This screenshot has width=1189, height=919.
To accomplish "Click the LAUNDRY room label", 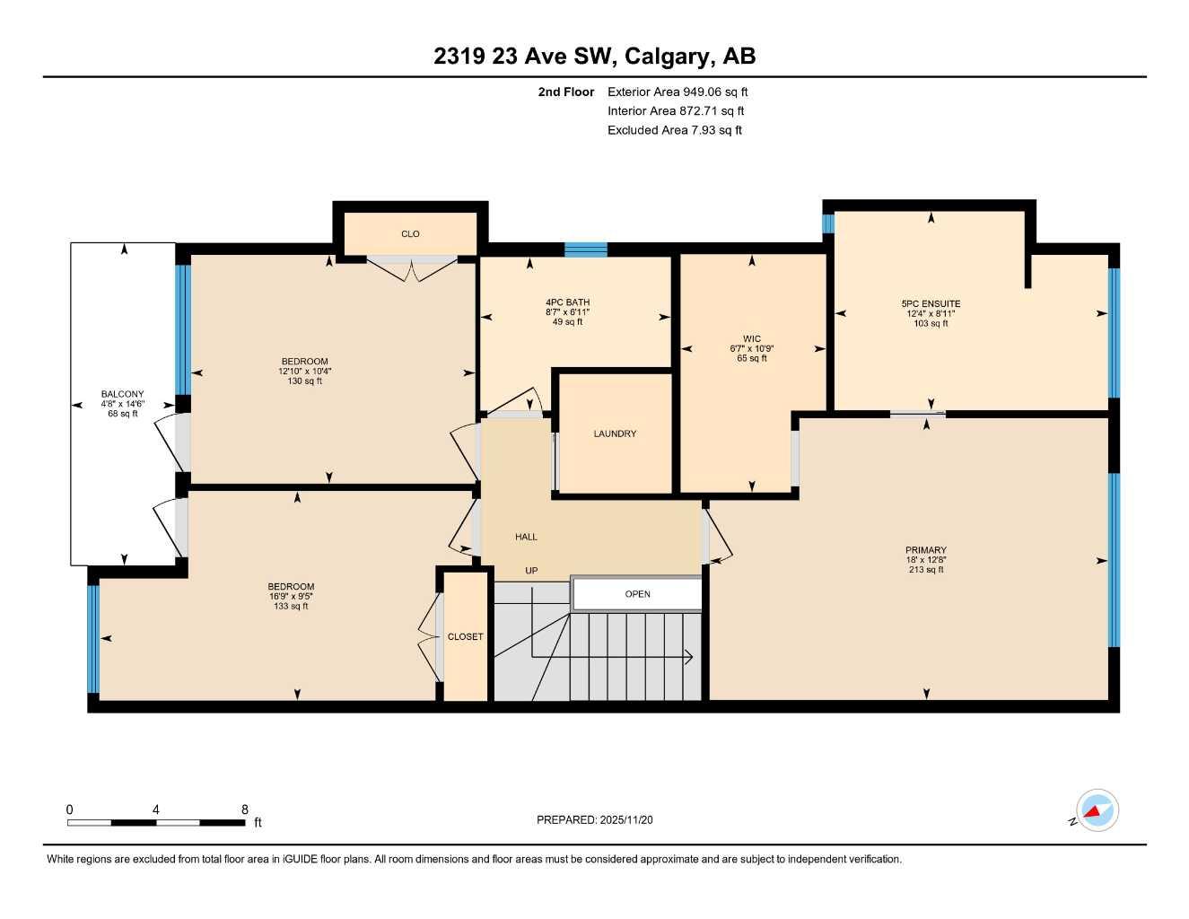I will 615,433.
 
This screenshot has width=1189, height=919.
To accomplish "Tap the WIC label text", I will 751,339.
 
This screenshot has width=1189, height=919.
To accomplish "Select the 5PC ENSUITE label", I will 931,303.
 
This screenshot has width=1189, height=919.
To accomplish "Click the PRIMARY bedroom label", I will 925,550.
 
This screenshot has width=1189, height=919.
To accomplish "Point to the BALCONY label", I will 122,394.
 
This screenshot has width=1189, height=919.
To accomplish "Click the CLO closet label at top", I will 410,234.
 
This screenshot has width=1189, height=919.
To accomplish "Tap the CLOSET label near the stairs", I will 465,636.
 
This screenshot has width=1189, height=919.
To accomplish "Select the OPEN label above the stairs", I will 637,594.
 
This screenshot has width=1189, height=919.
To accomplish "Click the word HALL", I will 526,537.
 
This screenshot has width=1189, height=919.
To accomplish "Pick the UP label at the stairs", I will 531,571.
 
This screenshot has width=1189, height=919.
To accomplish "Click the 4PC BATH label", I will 567,302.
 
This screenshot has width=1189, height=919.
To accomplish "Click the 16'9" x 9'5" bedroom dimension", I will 290,596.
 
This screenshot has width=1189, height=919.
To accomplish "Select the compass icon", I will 1097,811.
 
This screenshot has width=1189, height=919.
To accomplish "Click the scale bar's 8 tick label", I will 244,810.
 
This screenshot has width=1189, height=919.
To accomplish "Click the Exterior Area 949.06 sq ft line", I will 678,92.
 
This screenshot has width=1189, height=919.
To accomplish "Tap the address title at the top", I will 594,57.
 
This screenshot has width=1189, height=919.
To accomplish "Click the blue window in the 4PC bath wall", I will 585,249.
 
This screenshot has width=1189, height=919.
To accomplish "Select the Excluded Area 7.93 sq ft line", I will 674,130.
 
